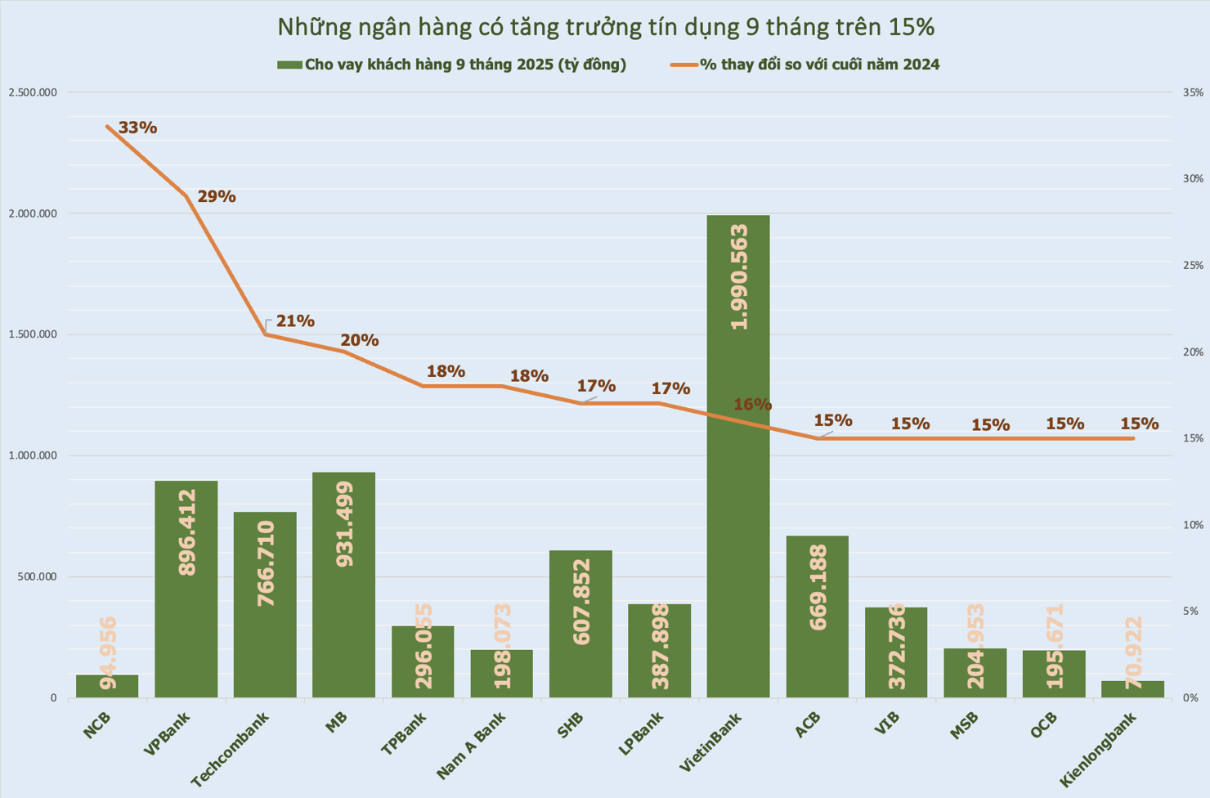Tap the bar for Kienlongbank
click(1132, 688)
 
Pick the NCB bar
click(107, 686)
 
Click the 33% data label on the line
click(137, 128)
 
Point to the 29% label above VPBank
click(217, 196)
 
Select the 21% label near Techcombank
click(295, 321)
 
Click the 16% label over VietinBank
click(752, 405)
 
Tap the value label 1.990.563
click(739, 276)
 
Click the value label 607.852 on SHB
click(581, 602)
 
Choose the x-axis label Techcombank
click(231, 749)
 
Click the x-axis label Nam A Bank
click(471, 744)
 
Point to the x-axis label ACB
click(808, 724)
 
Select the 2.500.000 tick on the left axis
click(33, 92)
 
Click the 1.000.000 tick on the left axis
click(33, 455)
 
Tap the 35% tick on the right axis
click(1193, 92)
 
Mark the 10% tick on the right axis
click(1193, 525)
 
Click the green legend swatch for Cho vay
click(289, 65)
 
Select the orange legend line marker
click(683, 65)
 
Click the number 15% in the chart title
click(911, 27)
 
